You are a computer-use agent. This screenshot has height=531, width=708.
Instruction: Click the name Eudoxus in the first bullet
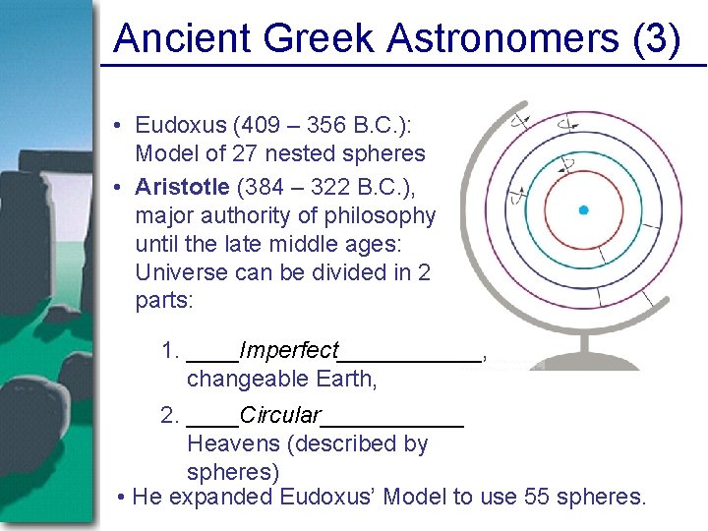173,126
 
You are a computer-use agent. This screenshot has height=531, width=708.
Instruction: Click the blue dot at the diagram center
583,209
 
